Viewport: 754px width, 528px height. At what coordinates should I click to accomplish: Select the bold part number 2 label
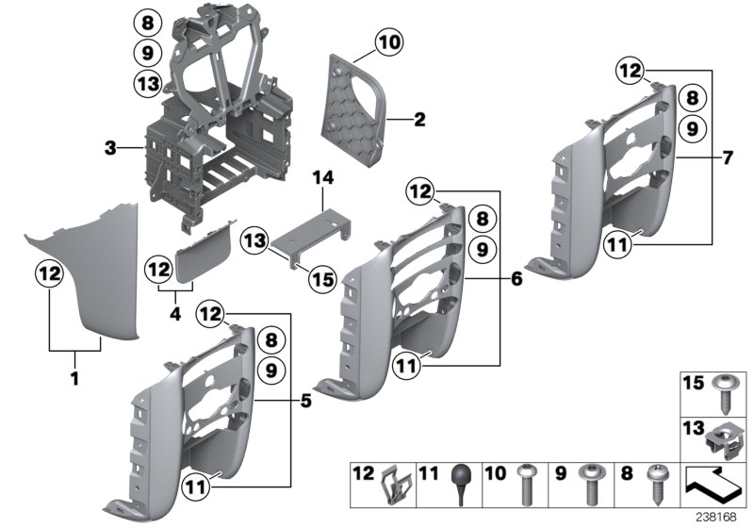point(420,120)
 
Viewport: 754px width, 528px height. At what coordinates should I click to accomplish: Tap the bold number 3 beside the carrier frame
point(110,148)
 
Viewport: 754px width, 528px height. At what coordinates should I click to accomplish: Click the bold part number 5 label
point(305,401)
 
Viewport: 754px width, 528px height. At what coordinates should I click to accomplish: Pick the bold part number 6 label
point(516,279)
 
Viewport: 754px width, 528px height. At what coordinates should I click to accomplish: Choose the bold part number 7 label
point(727,157)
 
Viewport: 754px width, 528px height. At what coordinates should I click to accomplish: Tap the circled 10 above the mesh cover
point(387,41)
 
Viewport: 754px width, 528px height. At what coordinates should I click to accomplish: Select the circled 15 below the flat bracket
point(322,279)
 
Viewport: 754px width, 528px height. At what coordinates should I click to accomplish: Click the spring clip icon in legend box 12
point(397,487)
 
